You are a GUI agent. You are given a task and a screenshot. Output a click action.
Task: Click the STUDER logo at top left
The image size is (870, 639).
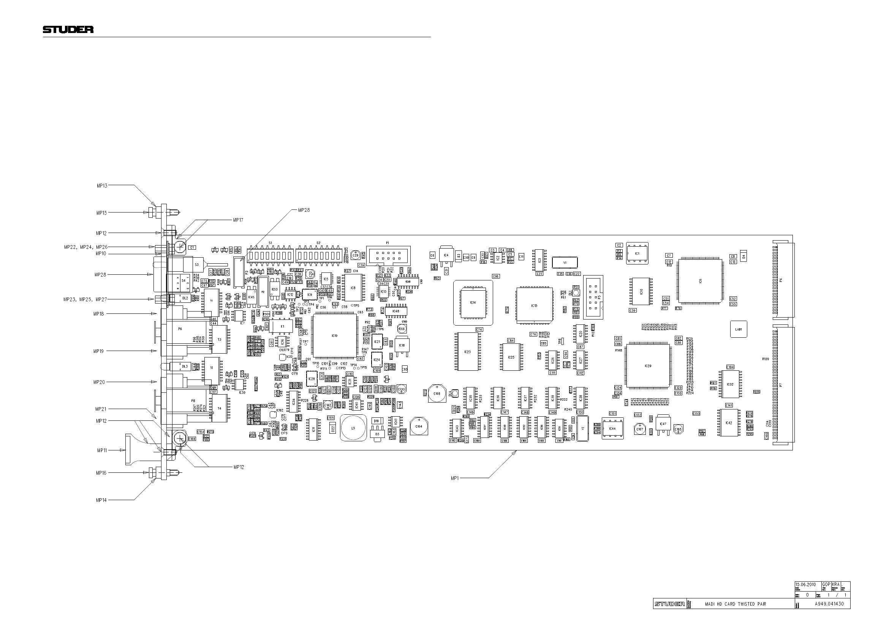point(68,29)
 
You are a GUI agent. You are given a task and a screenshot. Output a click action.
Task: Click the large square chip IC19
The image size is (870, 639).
point(335,336)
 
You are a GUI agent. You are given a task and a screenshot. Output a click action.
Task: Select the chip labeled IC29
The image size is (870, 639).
point(648,365)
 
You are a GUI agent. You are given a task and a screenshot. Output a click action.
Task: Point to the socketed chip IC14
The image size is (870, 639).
point(473,302)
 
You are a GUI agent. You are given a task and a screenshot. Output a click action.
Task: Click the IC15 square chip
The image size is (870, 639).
point(534,305)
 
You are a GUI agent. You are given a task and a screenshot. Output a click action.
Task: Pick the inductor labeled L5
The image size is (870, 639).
point(353,428)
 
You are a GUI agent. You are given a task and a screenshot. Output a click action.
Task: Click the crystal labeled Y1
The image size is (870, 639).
point(565,262)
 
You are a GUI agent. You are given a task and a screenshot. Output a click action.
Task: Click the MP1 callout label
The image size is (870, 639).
point(454,478)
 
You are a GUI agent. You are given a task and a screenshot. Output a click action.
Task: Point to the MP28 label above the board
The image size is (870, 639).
point(304,210)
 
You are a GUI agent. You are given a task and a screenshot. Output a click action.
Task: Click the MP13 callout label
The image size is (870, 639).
point(102,186)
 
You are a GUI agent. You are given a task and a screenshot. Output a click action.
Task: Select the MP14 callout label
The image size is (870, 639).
point(101,500)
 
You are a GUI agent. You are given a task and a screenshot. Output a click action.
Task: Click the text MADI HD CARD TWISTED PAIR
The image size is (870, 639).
point(735,604)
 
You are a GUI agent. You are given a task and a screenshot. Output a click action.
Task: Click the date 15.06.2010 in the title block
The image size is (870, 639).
point(805,584)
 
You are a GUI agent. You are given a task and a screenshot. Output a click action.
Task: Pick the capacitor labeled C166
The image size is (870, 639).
point(437,393)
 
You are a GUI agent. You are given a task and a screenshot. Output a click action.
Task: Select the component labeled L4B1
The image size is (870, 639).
point(738,329)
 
